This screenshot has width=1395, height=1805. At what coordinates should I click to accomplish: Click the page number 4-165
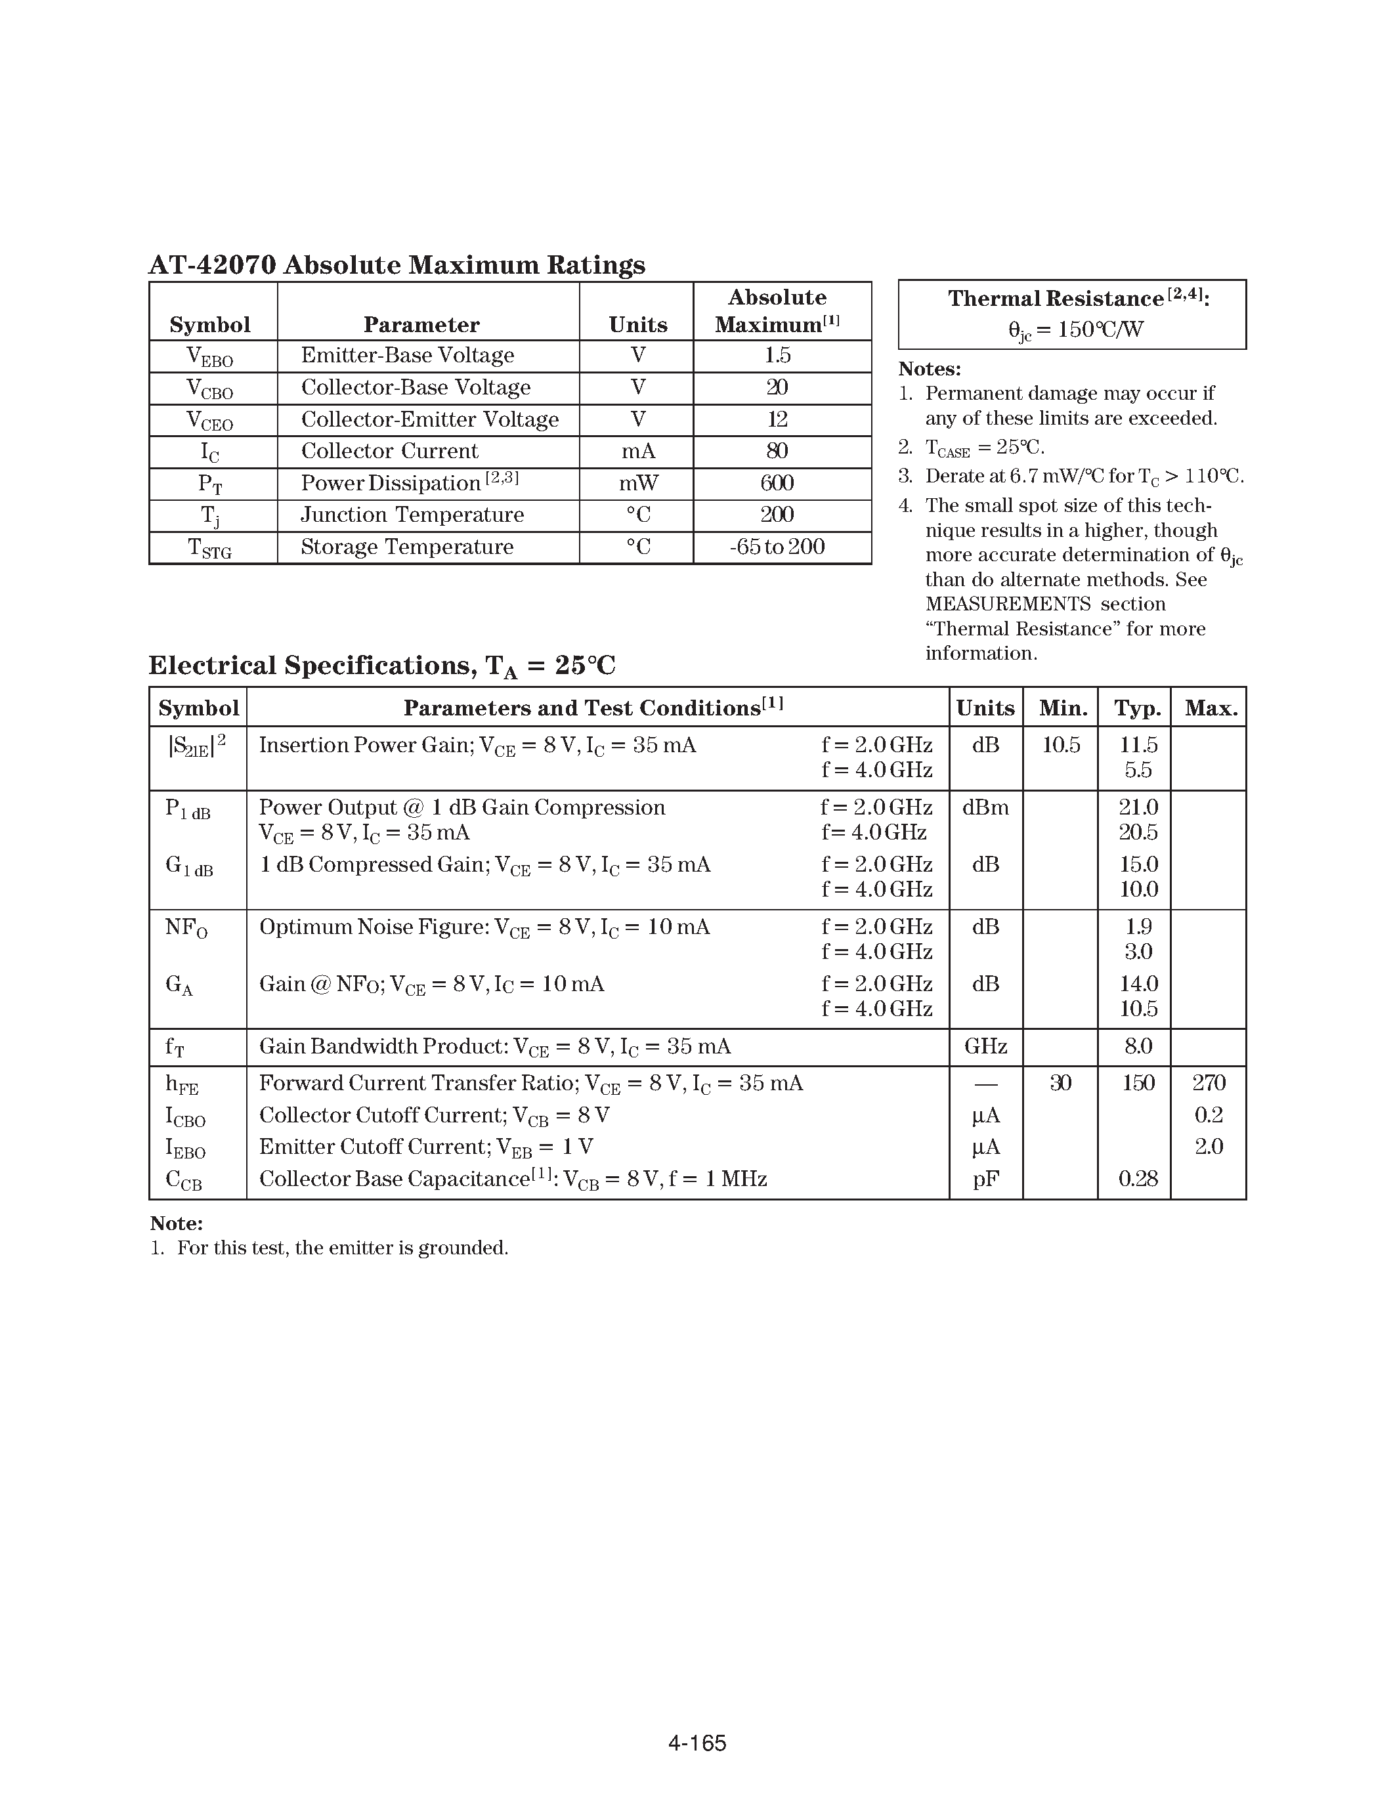697,1743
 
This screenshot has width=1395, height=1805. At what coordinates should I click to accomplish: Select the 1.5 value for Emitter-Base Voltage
777,355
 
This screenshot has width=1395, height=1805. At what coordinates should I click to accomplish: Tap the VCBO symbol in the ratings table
210,389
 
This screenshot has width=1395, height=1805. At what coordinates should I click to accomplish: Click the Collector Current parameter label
389,452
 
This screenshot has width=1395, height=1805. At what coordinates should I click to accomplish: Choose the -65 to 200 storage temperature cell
777,547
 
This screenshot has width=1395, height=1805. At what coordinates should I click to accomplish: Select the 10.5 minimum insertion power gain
1061,746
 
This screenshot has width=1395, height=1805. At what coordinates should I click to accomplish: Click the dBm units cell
985,807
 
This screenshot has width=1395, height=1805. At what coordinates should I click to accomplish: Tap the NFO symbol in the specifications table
186,928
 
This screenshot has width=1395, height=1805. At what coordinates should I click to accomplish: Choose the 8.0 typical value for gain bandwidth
1137,1046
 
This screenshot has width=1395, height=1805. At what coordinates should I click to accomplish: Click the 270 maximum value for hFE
1208,1082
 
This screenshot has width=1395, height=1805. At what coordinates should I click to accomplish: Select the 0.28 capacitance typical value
1137,1179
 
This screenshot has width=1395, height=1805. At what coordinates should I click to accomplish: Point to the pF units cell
985,1179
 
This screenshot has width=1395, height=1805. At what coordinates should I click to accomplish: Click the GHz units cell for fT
985,1046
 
